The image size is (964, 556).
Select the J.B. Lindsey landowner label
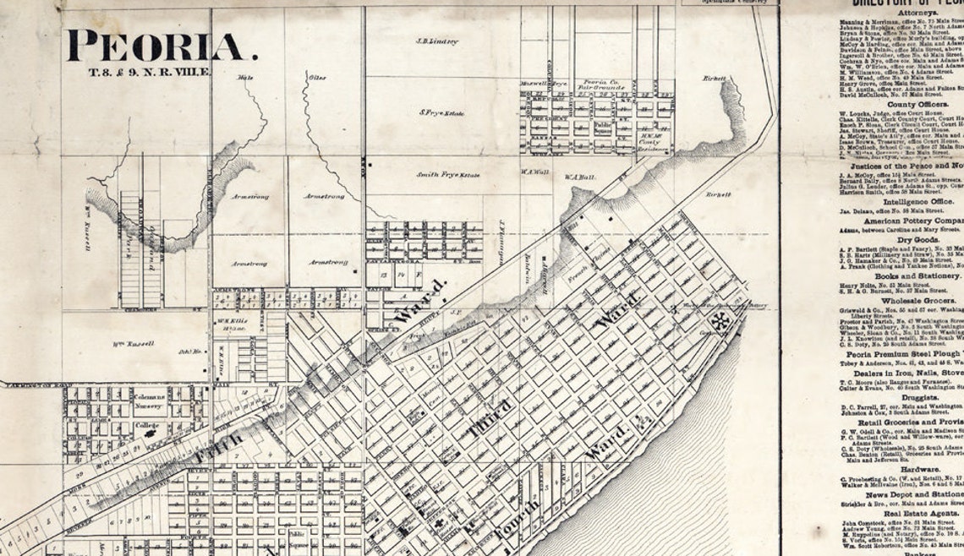tap(436, 41)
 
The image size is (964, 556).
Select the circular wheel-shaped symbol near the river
tap(720, 320)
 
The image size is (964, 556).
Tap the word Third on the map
tap(490, 418)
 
